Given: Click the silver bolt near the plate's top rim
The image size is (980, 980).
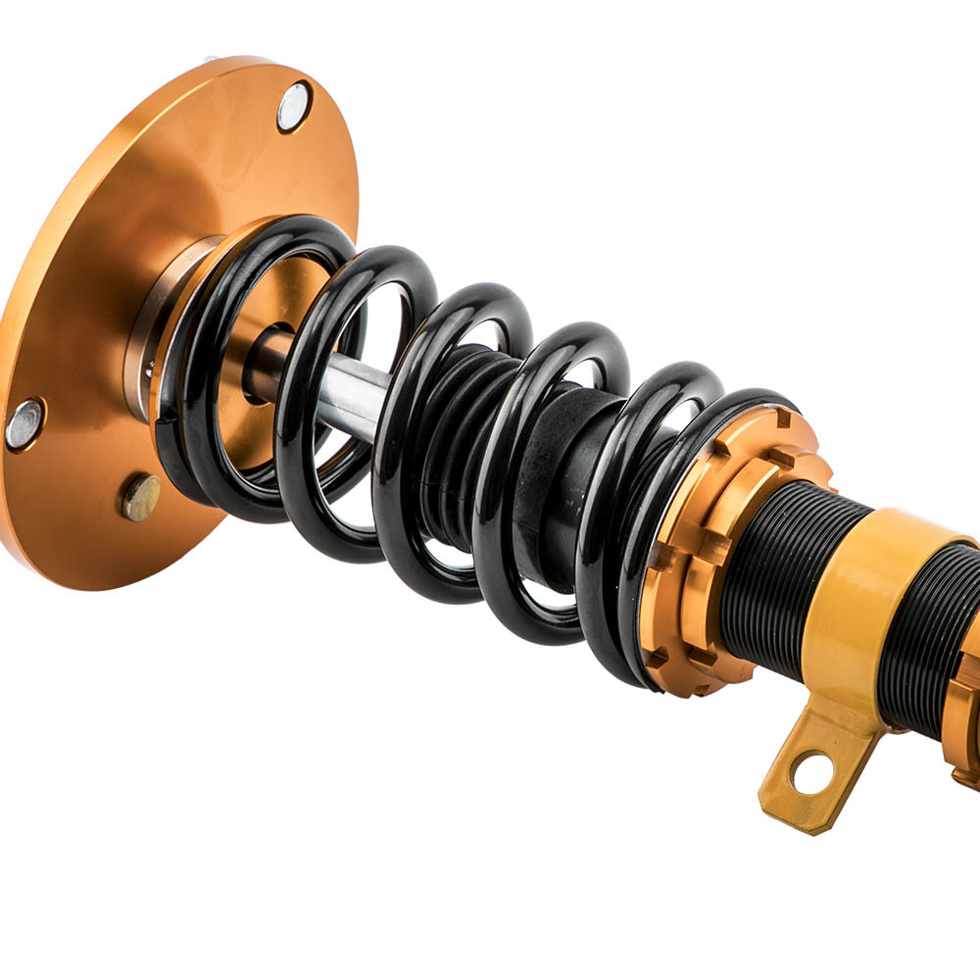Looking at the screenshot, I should click(x=293, y=106).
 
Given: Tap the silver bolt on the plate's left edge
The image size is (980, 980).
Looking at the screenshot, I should click(x=24, y=423).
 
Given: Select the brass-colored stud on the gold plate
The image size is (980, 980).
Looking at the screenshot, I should click(x=140, y=497).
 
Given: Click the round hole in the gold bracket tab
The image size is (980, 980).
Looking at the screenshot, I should click(x=810, y=773).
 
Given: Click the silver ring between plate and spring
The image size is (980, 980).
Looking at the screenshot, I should click(x=157, y=323).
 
